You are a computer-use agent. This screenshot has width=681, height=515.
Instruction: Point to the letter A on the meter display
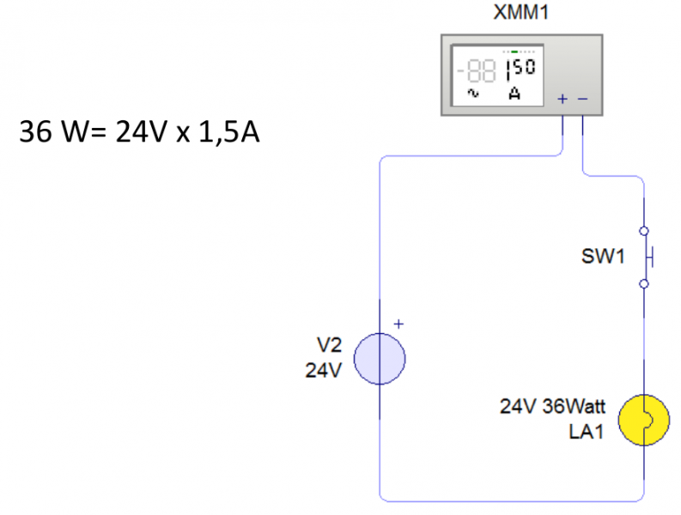[x=514, y=93]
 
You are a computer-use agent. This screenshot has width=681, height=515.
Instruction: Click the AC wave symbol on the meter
[x=471, y=92]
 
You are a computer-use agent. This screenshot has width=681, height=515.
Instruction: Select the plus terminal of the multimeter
[x=562, y=99]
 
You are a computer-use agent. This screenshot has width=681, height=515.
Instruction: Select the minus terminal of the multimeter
[x=582, y=99]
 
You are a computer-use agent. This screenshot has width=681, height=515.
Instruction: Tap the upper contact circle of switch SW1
[x=644, y=230]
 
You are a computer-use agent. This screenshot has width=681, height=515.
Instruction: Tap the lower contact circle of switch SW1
[x=644, y=282]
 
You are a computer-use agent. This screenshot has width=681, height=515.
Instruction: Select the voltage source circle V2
[x=380, y=359]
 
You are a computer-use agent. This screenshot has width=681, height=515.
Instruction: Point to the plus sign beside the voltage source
[x=398, y=324]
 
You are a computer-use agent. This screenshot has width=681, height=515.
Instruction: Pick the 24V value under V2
[x=324, y=371]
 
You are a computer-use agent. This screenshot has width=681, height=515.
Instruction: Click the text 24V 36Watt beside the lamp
[x=552, y=407]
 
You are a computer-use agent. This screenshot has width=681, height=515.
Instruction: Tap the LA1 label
[x=586, y=432]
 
